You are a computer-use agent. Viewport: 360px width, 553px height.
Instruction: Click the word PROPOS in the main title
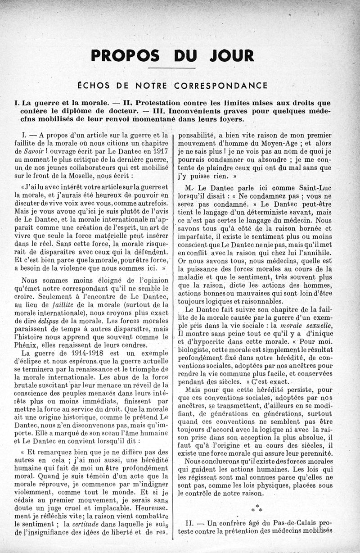click(x=125, y=55)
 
